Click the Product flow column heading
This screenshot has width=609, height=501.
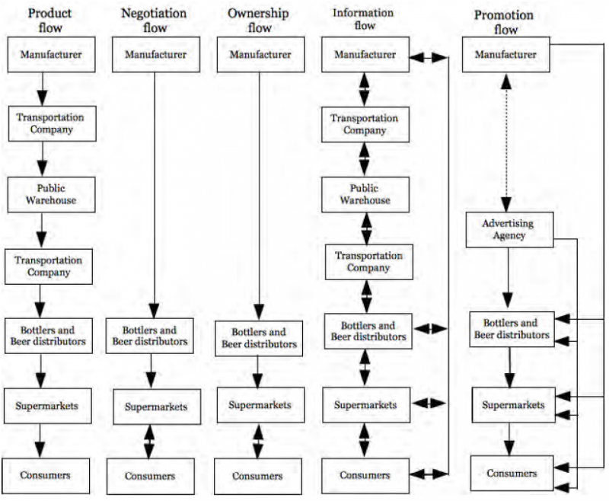click(50, 21)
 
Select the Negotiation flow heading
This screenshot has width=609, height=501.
click(155, 21)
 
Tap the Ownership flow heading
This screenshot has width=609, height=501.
click(259, 21)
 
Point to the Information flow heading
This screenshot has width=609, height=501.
click(364, 19)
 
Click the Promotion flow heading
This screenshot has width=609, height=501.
click(504, 22)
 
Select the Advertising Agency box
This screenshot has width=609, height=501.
click(509, 229)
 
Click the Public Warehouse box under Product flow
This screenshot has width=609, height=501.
click(51, 195)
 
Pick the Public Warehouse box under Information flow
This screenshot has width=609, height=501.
click(365, 195)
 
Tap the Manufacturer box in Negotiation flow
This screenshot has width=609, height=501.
click(156, 54)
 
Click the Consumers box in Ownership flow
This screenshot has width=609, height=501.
click(258, 476)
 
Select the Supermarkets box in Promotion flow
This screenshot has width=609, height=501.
click(513, 405)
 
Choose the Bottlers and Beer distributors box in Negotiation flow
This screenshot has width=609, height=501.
click(149, 336)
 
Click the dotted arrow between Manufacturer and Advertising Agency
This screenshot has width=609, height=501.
click(505, 142)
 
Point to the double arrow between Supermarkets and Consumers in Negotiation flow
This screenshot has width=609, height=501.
click(149, 442)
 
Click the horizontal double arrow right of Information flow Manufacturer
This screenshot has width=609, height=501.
click(429, 57)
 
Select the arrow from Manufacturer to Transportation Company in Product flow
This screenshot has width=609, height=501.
click(42, 89)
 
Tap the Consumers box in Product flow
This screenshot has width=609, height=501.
click(46, 476)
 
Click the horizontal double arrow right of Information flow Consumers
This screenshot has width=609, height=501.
click(429, 474)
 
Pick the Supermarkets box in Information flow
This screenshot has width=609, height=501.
click(366, 405)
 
